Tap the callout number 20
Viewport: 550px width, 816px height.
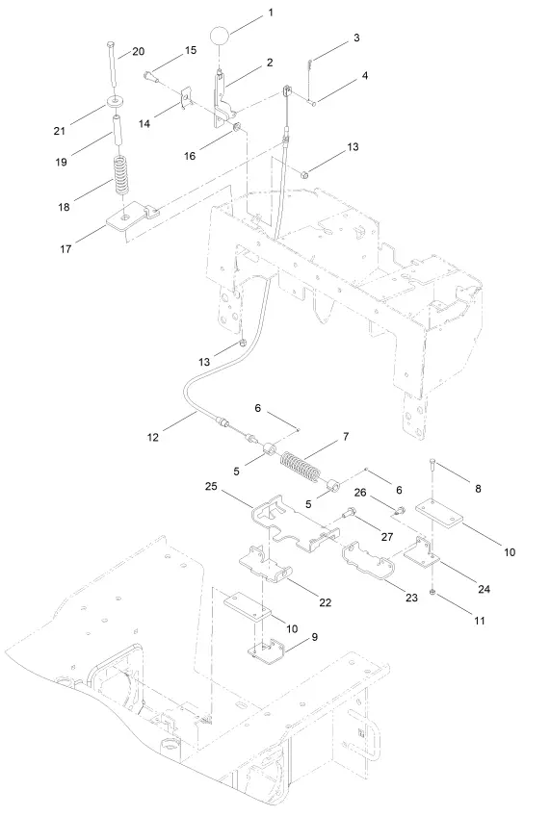coord(138,50)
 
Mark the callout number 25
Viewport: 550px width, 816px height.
coord(211,488)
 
